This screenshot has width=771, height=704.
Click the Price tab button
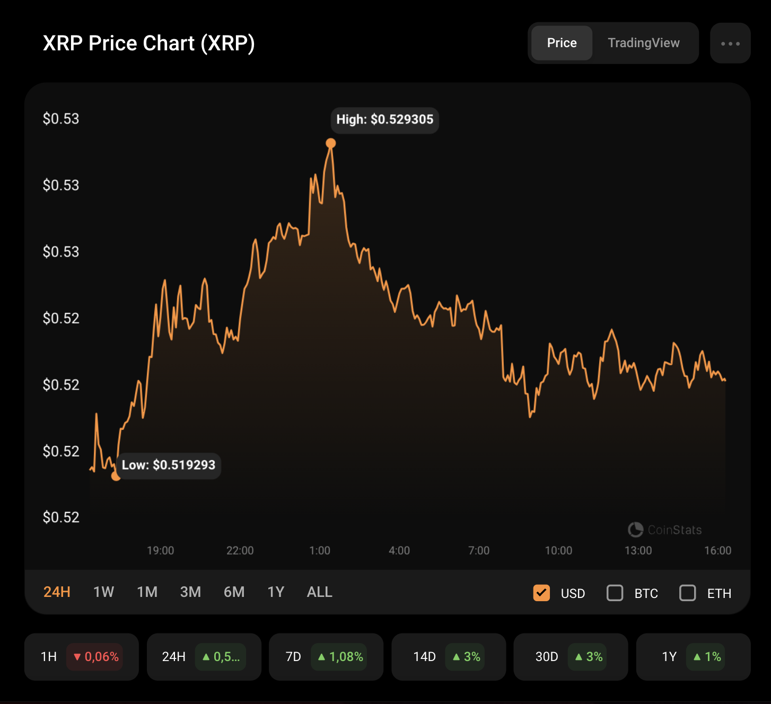tap(562, 43)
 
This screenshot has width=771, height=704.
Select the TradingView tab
tap(643, 43)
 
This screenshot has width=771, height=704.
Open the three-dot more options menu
tap(730, 43)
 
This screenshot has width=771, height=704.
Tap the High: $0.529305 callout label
tap(384, 120)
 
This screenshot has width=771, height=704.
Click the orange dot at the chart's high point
tap(331, 143)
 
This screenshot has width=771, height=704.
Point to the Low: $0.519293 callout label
tap(168, 465)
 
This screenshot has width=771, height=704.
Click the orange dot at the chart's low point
tap(116, 476)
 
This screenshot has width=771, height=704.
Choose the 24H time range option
tap(57, 592)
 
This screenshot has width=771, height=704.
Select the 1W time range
tap(103, 592)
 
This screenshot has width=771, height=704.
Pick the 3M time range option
tap(190, 592)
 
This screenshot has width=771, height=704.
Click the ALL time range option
tap(319, 592)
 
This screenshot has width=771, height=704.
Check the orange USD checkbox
tap(541, 593)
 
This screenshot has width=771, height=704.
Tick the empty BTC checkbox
tap(615, 593)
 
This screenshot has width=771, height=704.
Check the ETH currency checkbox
tap(688, 593)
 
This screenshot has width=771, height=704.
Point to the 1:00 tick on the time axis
tap(320, 551)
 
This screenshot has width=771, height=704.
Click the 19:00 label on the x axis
tap(160, 551)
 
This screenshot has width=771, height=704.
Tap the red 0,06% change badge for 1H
tap(95, 657)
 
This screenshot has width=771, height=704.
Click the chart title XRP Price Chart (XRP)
tap(148, 43)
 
